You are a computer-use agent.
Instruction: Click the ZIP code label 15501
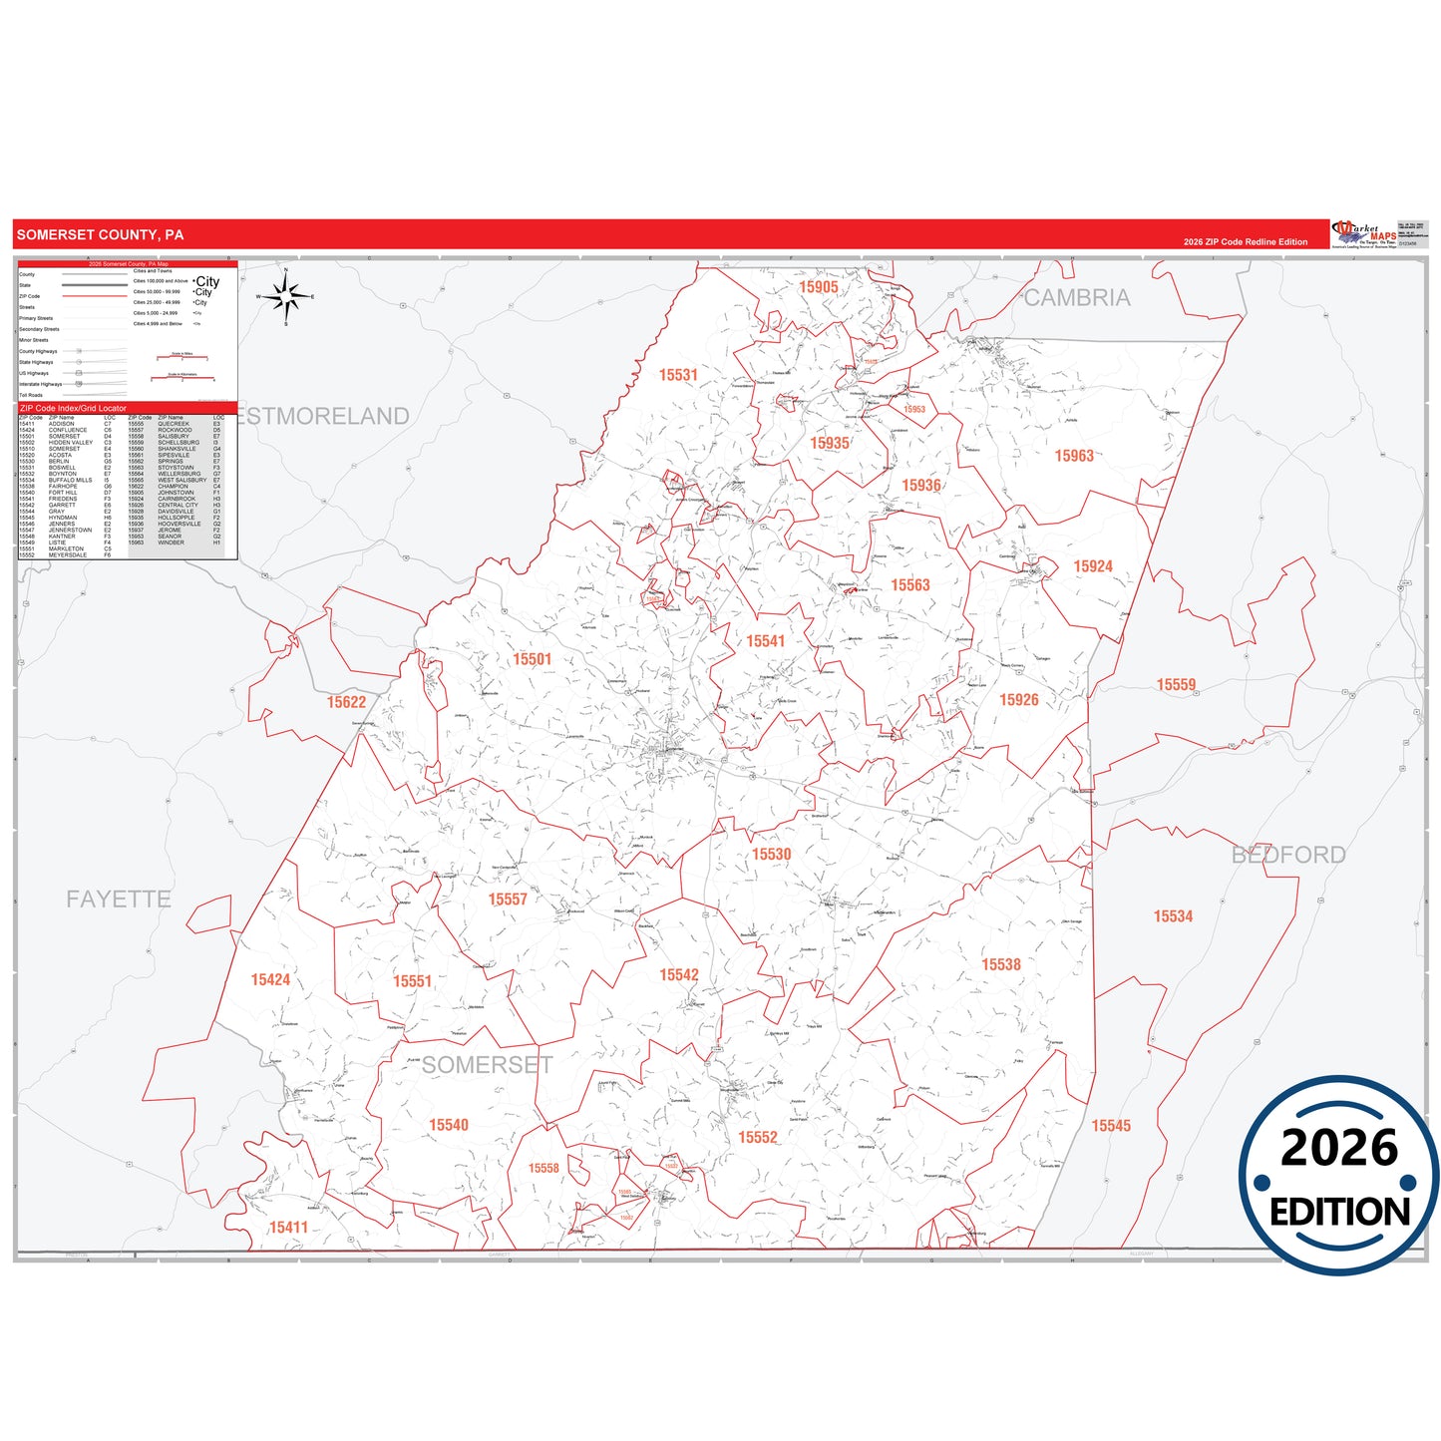532,659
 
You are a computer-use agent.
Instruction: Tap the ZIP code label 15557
508,900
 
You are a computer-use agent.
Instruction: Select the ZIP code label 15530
771,855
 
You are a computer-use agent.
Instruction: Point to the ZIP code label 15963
1074,456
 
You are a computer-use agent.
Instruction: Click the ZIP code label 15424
270,980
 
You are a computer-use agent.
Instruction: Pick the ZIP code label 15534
1173,916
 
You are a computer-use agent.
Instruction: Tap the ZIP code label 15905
818,287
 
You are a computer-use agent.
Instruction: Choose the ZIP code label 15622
346,702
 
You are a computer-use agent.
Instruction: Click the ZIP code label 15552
758,1137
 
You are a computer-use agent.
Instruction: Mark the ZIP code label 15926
1019,700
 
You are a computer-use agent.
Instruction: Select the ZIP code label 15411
288,1228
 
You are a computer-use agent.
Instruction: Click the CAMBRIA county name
1077,298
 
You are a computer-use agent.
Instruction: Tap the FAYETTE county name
119,900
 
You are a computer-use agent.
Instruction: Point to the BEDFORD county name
1288,855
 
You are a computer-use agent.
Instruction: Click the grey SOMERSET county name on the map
487,1065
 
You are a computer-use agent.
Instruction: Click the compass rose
286,297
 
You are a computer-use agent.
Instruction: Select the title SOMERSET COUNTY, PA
100,235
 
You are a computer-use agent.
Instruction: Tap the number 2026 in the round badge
1339,1148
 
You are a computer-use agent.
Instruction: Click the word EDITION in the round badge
1339,1212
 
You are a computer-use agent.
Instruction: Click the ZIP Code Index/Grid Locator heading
74,408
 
